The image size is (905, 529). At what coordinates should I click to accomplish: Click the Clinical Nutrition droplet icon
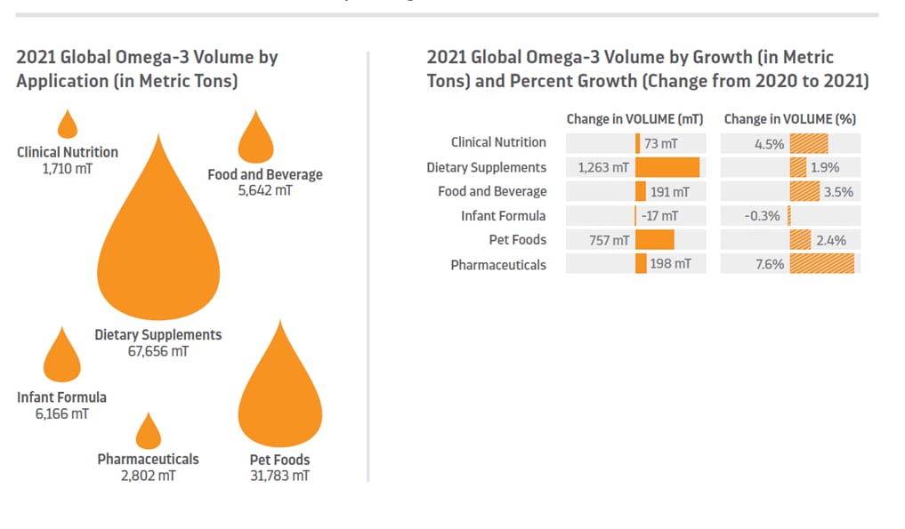pos(68,125)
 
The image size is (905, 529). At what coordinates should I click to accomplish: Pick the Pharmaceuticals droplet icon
pos(148,433)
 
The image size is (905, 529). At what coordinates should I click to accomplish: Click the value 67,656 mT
pos(158,351)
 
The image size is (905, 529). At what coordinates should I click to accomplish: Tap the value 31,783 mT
pos(279,476)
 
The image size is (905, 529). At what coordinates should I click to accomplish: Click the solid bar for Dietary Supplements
pos(667,167)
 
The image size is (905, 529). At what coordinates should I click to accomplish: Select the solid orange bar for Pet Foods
pos(655,240)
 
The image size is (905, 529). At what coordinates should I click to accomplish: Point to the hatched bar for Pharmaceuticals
pos(822,264)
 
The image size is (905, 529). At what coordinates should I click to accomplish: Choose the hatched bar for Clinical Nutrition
pos(809,143)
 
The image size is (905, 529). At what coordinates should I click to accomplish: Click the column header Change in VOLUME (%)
pos(789,119)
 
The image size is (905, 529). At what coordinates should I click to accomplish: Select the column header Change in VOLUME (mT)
pos(634,119)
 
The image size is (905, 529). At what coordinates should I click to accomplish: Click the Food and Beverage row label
pos(492,191)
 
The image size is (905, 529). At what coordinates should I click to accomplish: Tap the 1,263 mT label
pos(603,167)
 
